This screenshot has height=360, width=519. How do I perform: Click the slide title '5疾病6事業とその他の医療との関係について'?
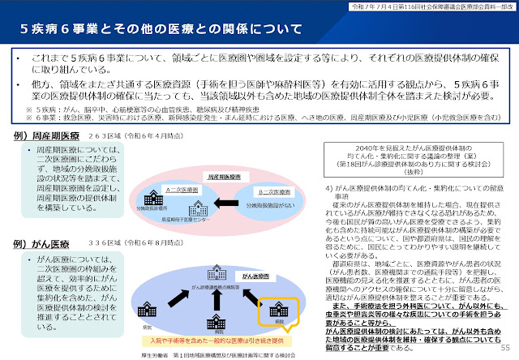pos(151,31)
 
